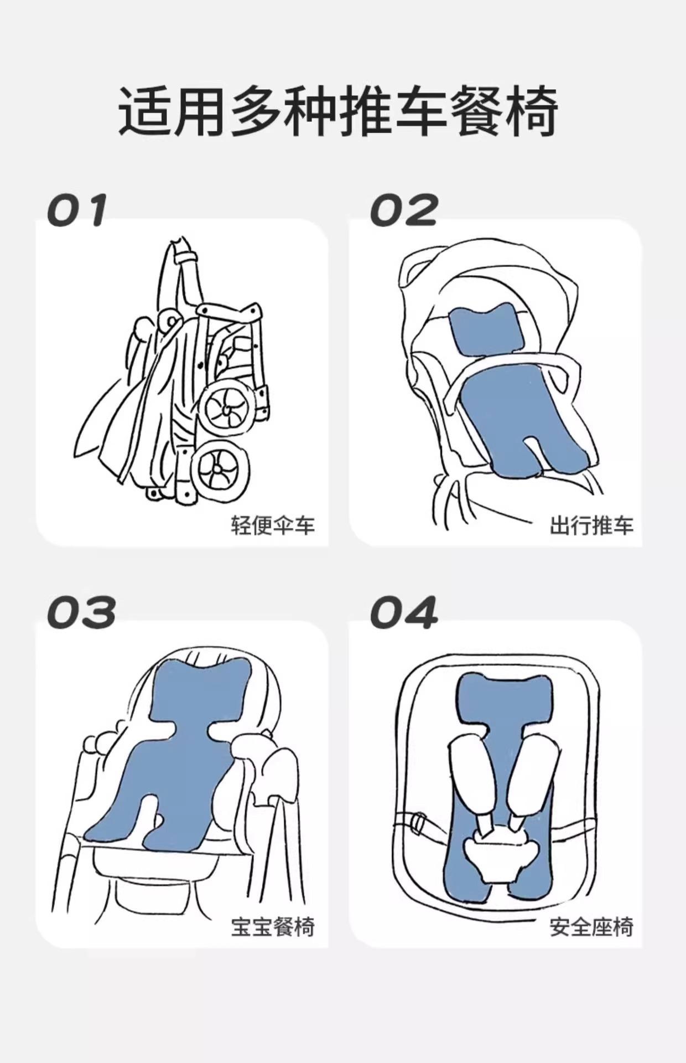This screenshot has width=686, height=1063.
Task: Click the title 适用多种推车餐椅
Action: click(x=338, y=111)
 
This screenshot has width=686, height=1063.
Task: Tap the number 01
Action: click(x=77, y=210)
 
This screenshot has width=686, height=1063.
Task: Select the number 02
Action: click(x=403, y=210)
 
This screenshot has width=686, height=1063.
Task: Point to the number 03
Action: click(x=81, y=612)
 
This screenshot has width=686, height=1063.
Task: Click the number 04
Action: click(x=403, y=612)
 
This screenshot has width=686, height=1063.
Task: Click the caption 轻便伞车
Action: click(x=273, y=525)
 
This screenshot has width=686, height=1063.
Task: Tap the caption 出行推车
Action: click(x=591, y=525)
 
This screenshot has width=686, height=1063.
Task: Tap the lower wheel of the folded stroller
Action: click(x=219, y=471)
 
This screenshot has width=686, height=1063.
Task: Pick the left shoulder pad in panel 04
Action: click(x=471, y=775)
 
